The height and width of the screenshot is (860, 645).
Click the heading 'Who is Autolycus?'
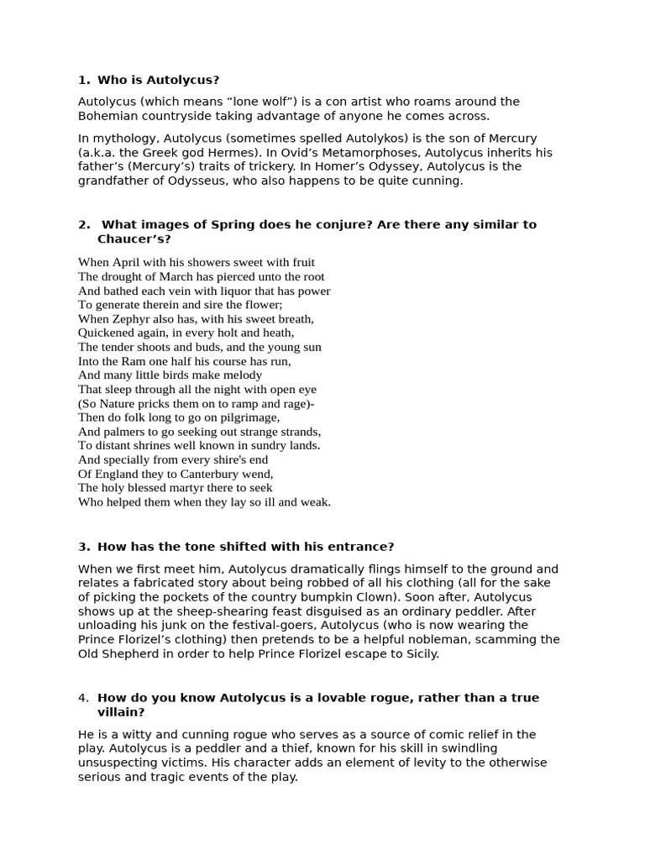point(158,80)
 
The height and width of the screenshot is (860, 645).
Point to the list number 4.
point(83,698)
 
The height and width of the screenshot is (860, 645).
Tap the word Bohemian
point(107,116)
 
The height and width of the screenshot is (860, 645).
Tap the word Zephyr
point(128,319)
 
